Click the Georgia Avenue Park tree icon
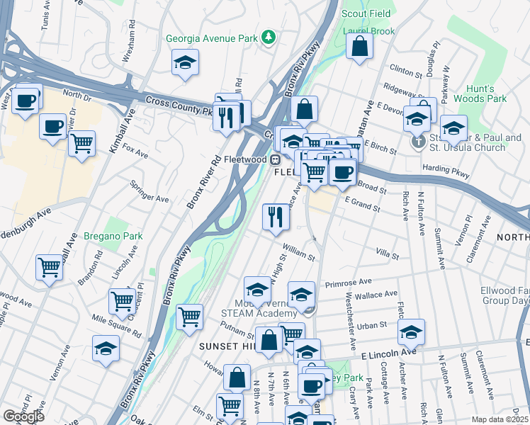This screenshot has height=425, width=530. [x=269, y=38]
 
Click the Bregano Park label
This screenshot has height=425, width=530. [x=113, y=236]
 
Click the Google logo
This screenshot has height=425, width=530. [x=23, y=416]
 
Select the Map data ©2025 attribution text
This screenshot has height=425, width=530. [x=500, y=419]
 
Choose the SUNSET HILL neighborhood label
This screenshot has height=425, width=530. [x=225, y=346]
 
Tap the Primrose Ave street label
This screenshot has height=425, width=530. [x=348, y=283]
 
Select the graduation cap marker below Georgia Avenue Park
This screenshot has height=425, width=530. [x=185, y=62]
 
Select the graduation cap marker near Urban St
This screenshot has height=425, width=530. [x=411, y=331]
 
